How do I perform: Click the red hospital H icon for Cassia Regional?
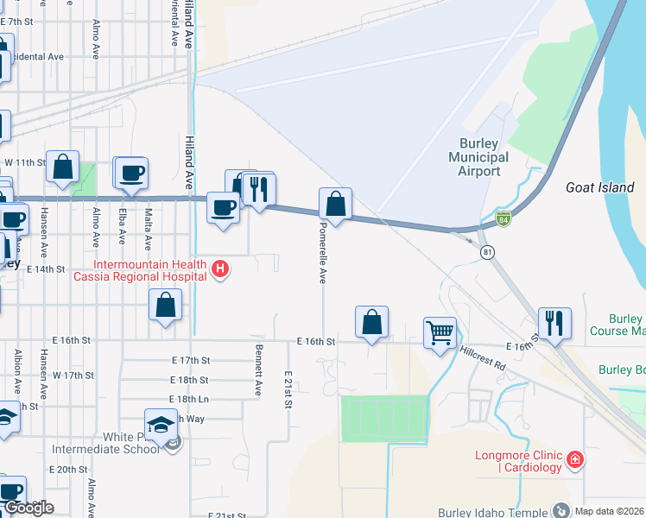pos(220,269)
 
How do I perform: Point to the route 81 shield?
pos(488,251)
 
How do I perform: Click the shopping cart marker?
pos(440,332)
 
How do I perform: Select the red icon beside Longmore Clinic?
pos(575,460)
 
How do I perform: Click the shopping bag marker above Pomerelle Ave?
pos(335,205)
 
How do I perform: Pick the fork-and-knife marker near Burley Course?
pos(554,324)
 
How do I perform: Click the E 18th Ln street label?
pos(190,400)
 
